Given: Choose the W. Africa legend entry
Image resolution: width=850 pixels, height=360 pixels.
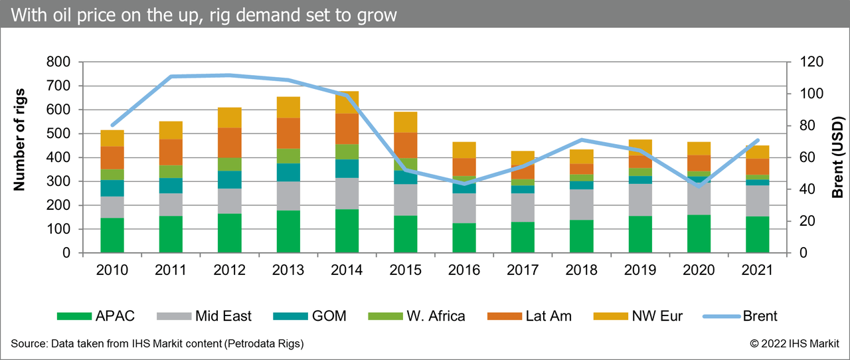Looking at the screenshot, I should tap(419, 316).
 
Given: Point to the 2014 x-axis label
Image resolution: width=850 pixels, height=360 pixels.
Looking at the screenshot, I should tap(347, 270).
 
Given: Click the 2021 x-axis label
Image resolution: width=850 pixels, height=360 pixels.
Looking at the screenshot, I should tap(757, 270).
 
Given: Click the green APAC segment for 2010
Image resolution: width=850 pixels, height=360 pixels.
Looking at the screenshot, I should tap(112, 235).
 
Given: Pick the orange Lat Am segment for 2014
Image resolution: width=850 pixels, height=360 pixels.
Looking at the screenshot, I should tap(347, 129).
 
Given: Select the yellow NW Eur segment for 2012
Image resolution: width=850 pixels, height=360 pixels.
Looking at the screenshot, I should tap(230, 118).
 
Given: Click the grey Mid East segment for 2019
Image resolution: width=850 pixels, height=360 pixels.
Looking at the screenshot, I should tap(640, 200).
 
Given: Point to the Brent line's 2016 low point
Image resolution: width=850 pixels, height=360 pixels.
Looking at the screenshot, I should tap(464, 183).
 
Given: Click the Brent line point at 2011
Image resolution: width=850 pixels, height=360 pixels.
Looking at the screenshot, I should tap(171, 76).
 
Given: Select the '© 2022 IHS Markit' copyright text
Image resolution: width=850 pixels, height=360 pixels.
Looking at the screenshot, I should tap(794, 343).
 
